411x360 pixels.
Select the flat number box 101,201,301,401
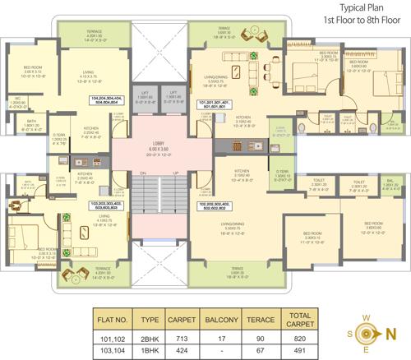click(216, 104)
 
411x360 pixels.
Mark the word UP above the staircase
click(173, 173)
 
